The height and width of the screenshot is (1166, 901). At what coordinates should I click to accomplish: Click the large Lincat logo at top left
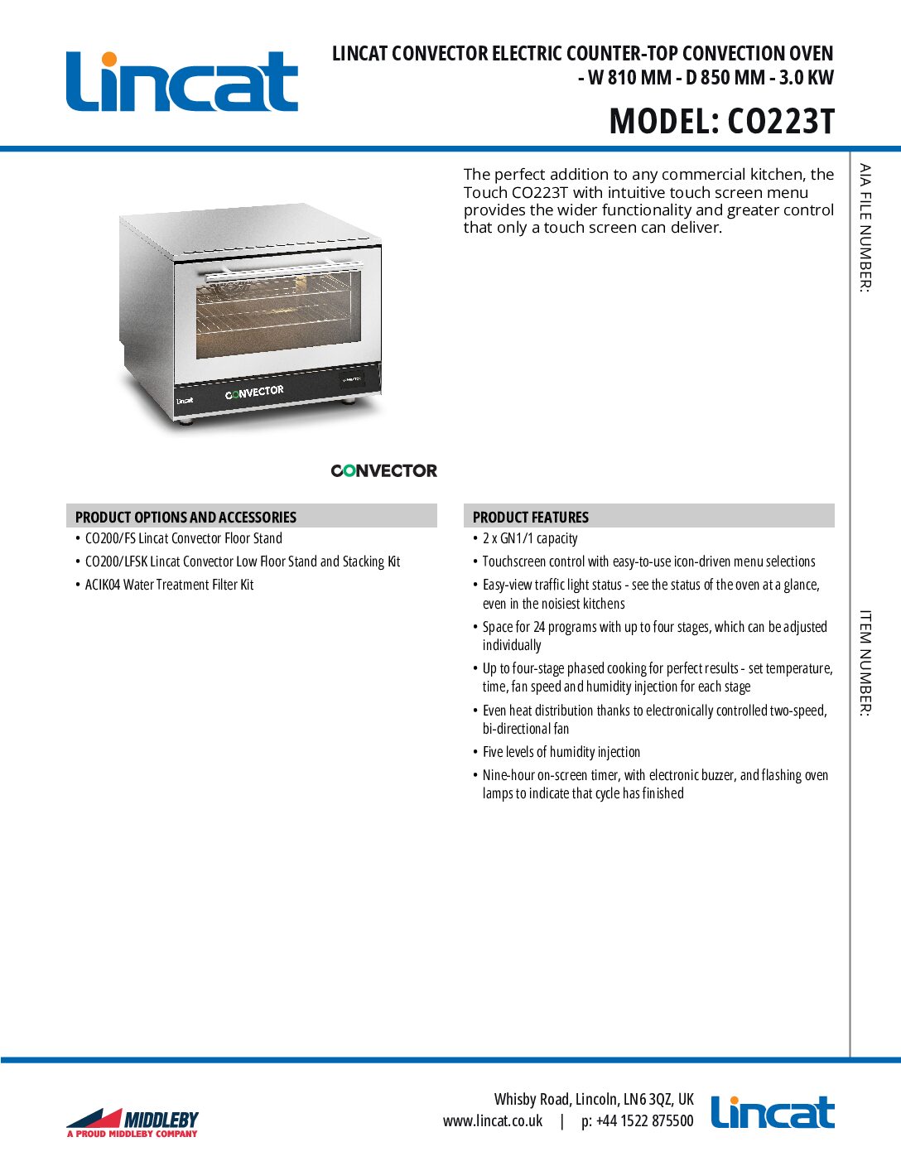[181, 81]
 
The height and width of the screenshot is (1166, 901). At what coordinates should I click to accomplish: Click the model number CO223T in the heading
[780, 122]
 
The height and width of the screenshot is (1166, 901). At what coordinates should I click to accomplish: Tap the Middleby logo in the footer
[132, 1122]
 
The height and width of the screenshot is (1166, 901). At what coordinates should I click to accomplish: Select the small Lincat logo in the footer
[772, 1113]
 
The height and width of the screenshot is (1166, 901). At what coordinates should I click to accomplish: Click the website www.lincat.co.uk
[493, 1121]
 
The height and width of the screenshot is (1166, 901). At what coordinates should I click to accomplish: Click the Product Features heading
[531, 517]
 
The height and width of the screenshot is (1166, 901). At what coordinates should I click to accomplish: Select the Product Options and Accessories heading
[185, 517]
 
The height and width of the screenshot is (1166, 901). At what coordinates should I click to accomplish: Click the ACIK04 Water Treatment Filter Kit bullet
[169, 585]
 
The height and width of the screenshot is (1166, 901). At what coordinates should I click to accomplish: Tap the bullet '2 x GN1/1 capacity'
[530, 538]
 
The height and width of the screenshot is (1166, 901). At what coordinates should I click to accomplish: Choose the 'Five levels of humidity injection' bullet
[561, 752]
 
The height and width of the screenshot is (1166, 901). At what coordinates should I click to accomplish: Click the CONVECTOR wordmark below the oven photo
[383, 470]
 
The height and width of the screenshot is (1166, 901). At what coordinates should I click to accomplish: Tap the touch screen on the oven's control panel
[351, 380]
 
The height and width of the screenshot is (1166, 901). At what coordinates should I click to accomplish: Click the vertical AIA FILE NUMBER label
[865, 228]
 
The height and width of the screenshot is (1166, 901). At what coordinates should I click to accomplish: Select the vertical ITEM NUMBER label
[865, 662]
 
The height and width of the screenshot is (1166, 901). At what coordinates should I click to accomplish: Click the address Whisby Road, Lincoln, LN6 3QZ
[594, 1099]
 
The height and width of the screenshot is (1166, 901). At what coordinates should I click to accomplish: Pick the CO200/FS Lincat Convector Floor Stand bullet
[184, 538]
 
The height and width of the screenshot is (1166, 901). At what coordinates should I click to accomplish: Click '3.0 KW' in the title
[806, 78]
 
